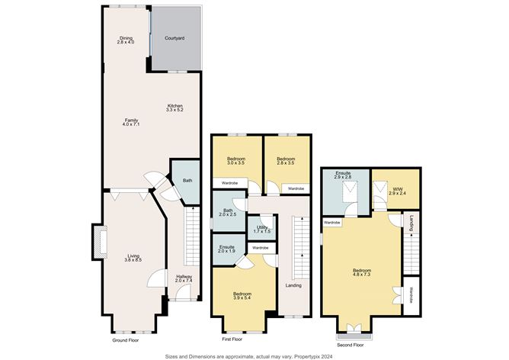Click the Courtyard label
(x=175, y=37)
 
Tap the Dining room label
(x=126, y=37)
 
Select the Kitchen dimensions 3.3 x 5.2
(x=175, y=111)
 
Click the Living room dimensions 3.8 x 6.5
(x=133, y=260)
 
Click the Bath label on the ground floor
(x=187, y=180)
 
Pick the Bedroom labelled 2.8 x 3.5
(x=286, y=163)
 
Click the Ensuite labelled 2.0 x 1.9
(x=226, y=251)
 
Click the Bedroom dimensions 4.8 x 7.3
(x=362, y=275)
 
